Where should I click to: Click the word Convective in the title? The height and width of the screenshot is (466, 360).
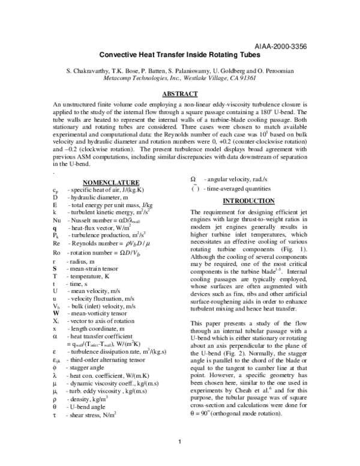120,53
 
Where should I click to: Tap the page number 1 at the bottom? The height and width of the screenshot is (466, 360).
180,443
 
